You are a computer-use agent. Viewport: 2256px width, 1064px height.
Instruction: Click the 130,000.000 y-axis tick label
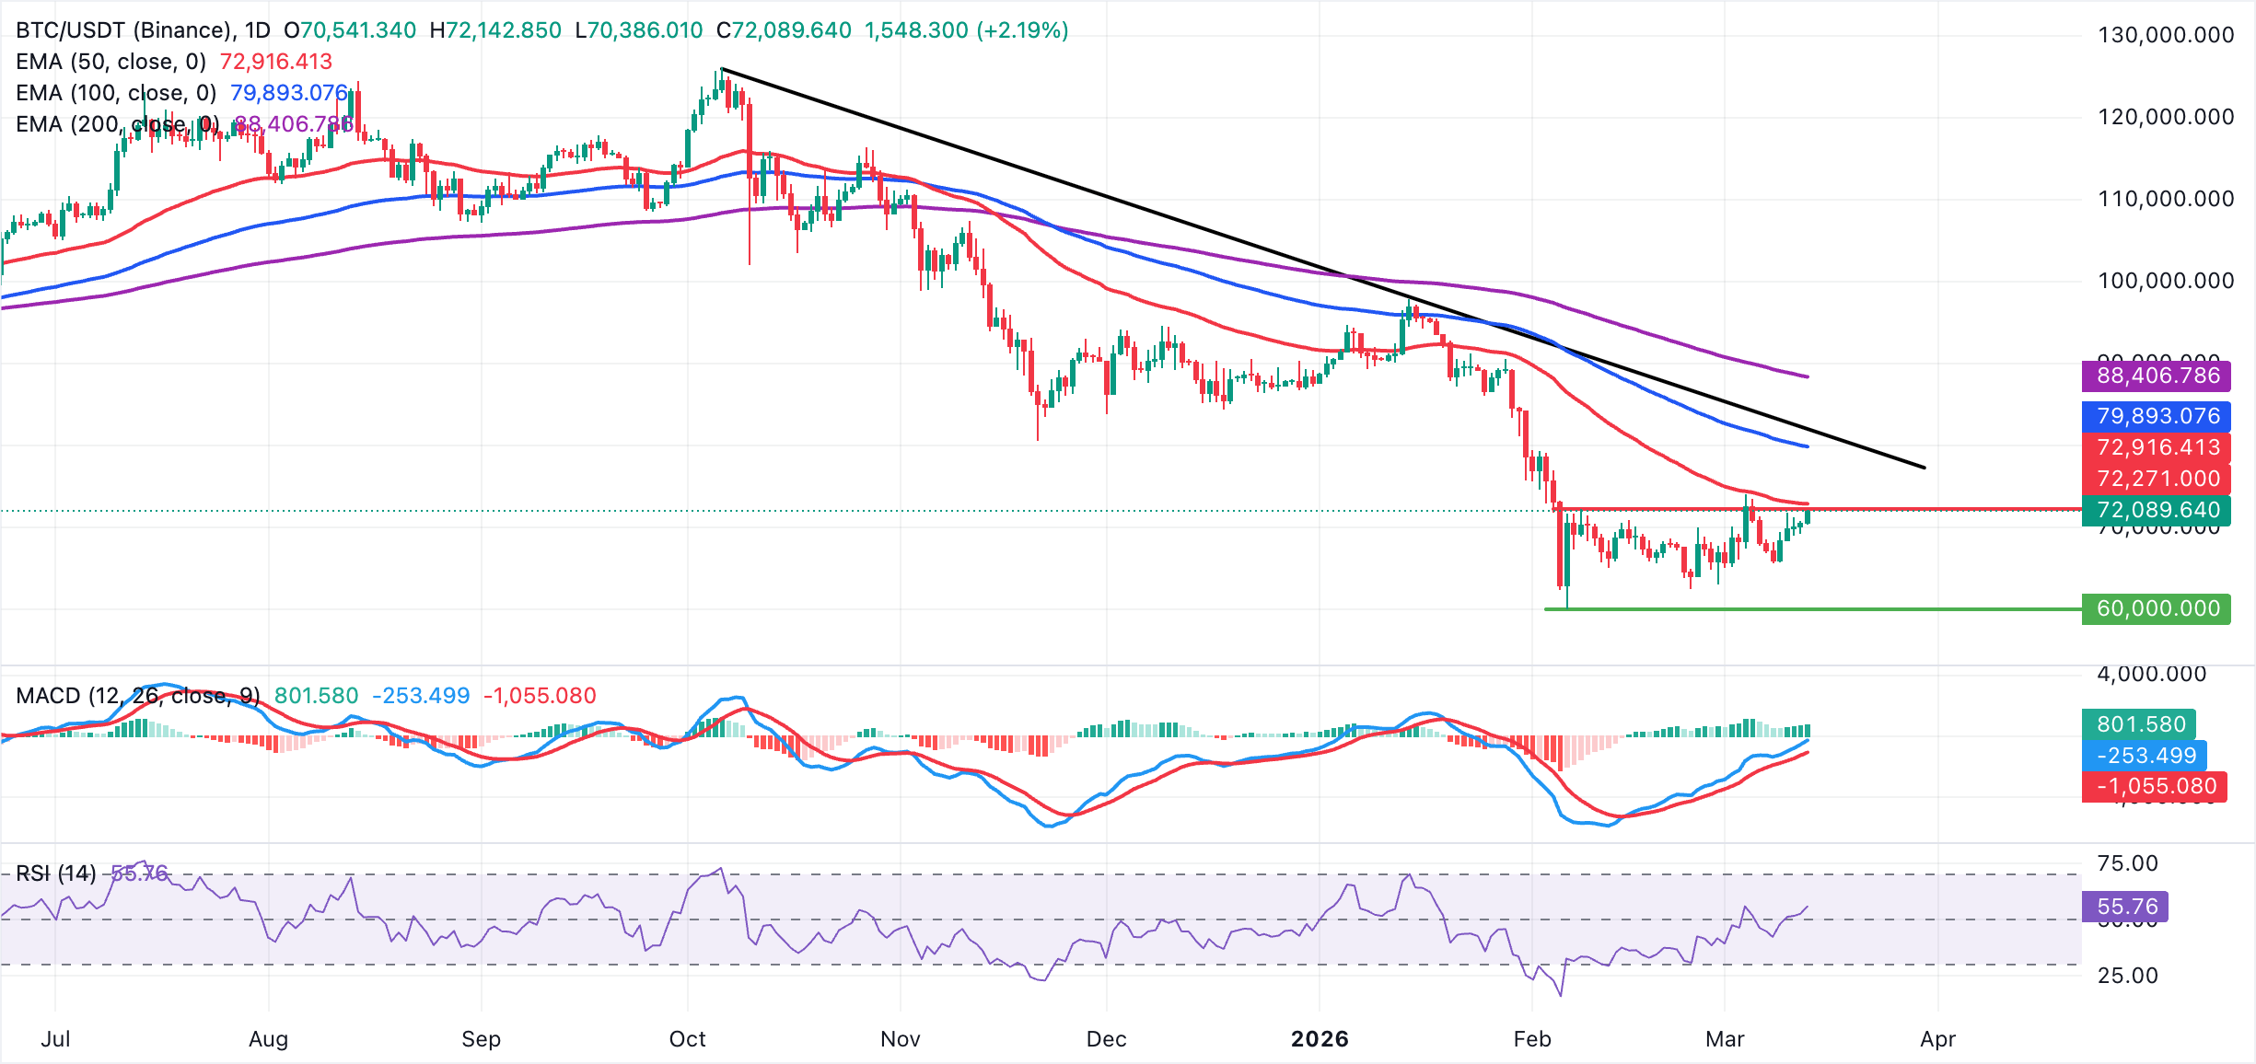coord(2165,35)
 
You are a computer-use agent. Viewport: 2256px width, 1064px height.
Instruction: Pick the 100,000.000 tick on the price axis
coord(2165,281)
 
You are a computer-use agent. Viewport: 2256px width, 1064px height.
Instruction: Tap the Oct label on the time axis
coord(687,1039)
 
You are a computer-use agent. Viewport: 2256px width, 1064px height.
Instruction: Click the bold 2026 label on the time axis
coord(1319,1039)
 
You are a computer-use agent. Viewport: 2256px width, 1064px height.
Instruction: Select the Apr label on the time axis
coord(1937,1039)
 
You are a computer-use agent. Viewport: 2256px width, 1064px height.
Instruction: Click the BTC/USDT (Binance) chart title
coord(124,30)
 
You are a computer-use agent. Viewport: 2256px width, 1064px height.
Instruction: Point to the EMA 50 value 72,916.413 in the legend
coord(275,62)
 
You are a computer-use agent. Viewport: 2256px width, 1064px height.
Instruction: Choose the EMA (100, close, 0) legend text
coord(116,93)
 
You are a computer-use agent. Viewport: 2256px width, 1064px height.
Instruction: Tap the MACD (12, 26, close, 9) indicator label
coord(138,696)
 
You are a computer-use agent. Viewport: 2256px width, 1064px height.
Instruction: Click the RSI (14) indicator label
coord(56,873)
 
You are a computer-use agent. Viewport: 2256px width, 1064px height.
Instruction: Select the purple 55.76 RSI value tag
coord(2125,907)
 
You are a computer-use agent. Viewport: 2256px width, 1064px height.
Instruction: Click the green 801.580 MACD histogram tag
coord(2139,724)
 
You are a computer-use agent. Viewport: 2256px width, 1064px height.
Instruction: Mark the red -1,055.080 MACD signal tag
coord(2156,786)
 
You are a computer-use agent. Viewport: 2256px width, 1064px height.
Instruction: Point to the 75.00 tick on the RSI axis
coord(2126,863)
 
